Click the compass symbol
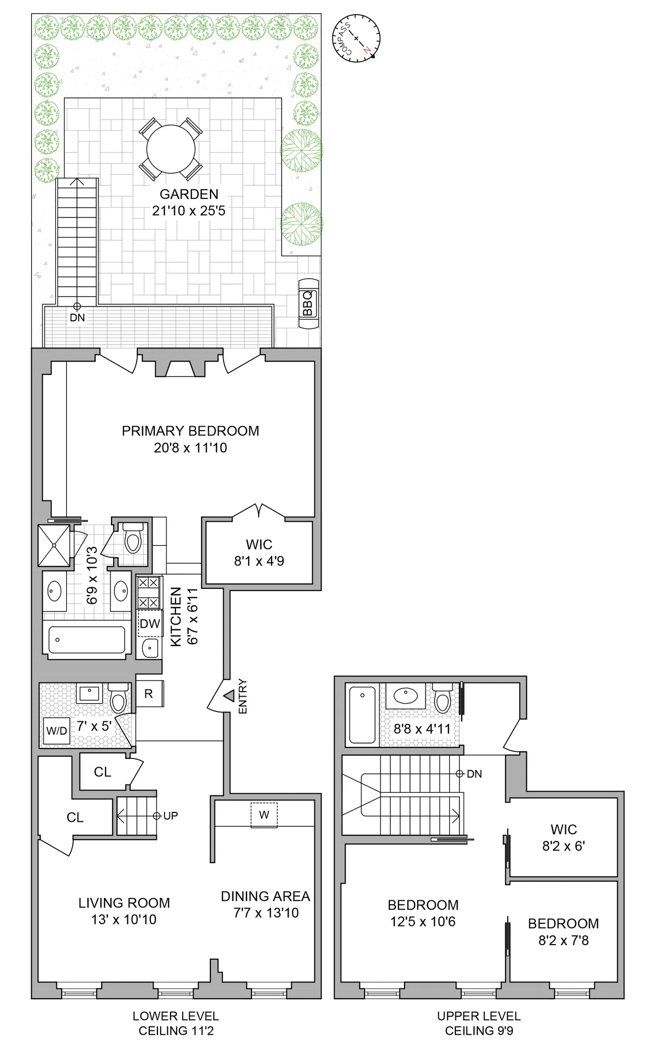point(356,39)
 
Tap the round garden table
point(171,149)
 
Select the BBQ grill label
point(308,304)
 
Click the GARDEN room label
point(189,195)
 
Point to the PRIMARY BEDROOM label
point(190,431)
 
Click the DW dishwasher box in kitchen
point(150,624)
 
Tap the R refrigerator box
point(149,694)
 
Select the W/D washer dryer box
point(57,731)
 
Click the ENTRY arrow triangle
point(229,696)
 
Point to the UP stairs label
point(170,816)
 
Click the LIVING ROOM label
point(124,903)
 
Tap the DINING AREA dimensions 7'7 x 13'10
point(266,913)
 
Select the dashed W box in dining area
point(264,815)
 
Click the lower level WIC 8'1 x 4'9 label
point(259,552)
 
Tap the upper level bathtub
point(362,715)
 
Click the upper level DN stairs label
point(474,774)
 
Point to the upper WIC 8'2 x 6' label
point(564,838)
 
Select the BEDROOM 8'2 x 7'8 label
point(564,932)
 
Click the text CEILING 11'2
point(176,1031)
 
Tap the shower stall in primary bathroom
point(54,545)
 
